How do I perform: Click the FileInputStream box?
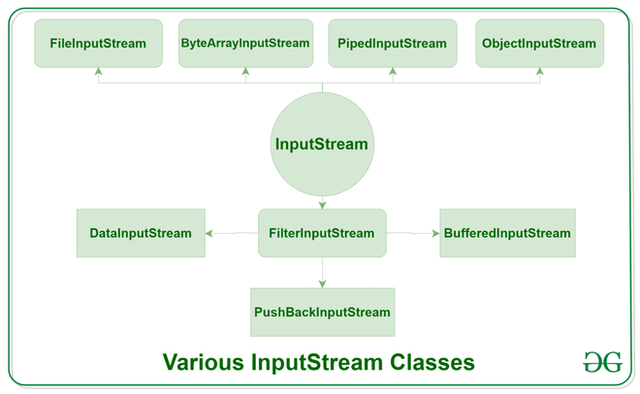98,44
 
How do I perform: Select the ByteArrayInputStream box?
245,44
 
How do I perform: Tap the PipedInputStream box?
392,44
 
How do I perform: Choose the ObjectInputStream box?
539,44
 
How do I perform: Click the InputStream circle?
322,145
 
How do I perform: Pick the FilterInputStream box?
322,233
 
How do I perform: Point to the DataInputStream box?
141,233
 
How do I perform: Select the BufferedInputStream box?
507,233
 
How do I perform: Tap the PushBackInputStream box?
322,312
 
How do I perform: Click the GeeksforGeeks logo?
602,362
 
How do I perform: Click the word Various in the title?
203,363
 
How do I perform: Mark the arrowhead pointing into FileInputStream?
98,72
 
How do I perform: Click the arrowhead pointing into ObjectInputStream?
539,72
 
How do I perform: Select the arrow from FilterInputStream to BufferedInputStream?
412,233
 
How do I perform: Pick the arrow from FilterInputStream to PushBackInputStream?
322,273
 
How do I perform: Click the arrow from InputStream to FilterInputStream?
322,202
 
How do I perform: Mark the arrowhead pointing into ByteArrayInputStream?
245,72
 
